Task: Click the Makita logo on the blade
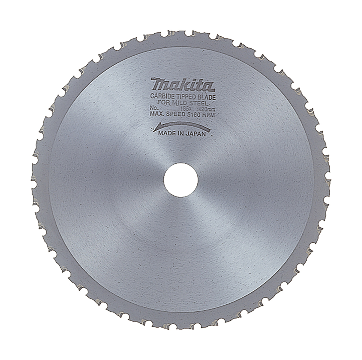pyautogui.click(x=183, y=85)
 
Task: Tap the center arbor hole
pyautogui.click(x=181, y=180)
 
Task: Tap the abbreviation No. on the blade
pyautogui.click(x=155, y=106)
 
